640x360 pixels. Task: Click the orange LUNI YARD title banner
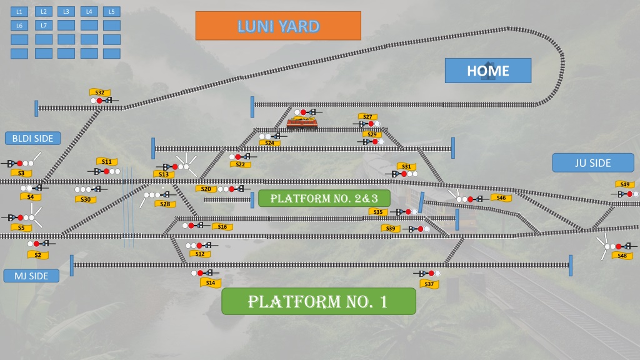(278, 26)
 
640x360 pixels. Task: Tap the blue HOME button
(488, 71)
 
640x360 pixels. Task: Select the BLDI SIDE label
(32, 138)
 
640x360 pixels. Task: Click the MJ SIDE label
(31, 276)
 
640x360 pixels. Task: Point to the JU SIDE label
(593, 163)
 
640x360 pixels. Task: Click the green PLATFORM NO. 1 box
(319, 301)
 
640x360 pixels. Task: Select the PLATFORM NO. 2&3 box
(324, 198)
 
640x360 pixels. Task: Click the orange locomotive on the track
(302, 122)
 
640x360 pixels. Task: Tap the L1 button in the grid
(19, 12)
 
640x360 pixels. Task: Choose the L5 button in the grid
(111, 12)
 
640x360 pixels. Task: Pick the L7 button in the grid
(44, 25)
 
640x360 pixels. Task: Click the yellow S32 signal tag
(100, 92)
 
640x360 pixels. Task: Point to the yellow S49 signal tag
(625, 184)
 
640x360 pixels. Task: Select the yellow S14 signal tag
(211, 282)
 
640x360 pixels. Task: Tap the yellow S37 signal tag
(429, 284)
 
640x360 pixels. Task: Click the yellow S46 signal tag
(501, 198)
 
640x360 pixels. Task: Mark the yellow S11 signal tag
(107, 161)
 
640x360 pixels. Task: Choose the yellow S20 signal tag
(206, 189)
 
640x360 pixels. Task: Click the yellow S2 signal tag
(38, 255)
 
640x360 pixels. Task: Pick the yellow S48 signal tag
(622, 256)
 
